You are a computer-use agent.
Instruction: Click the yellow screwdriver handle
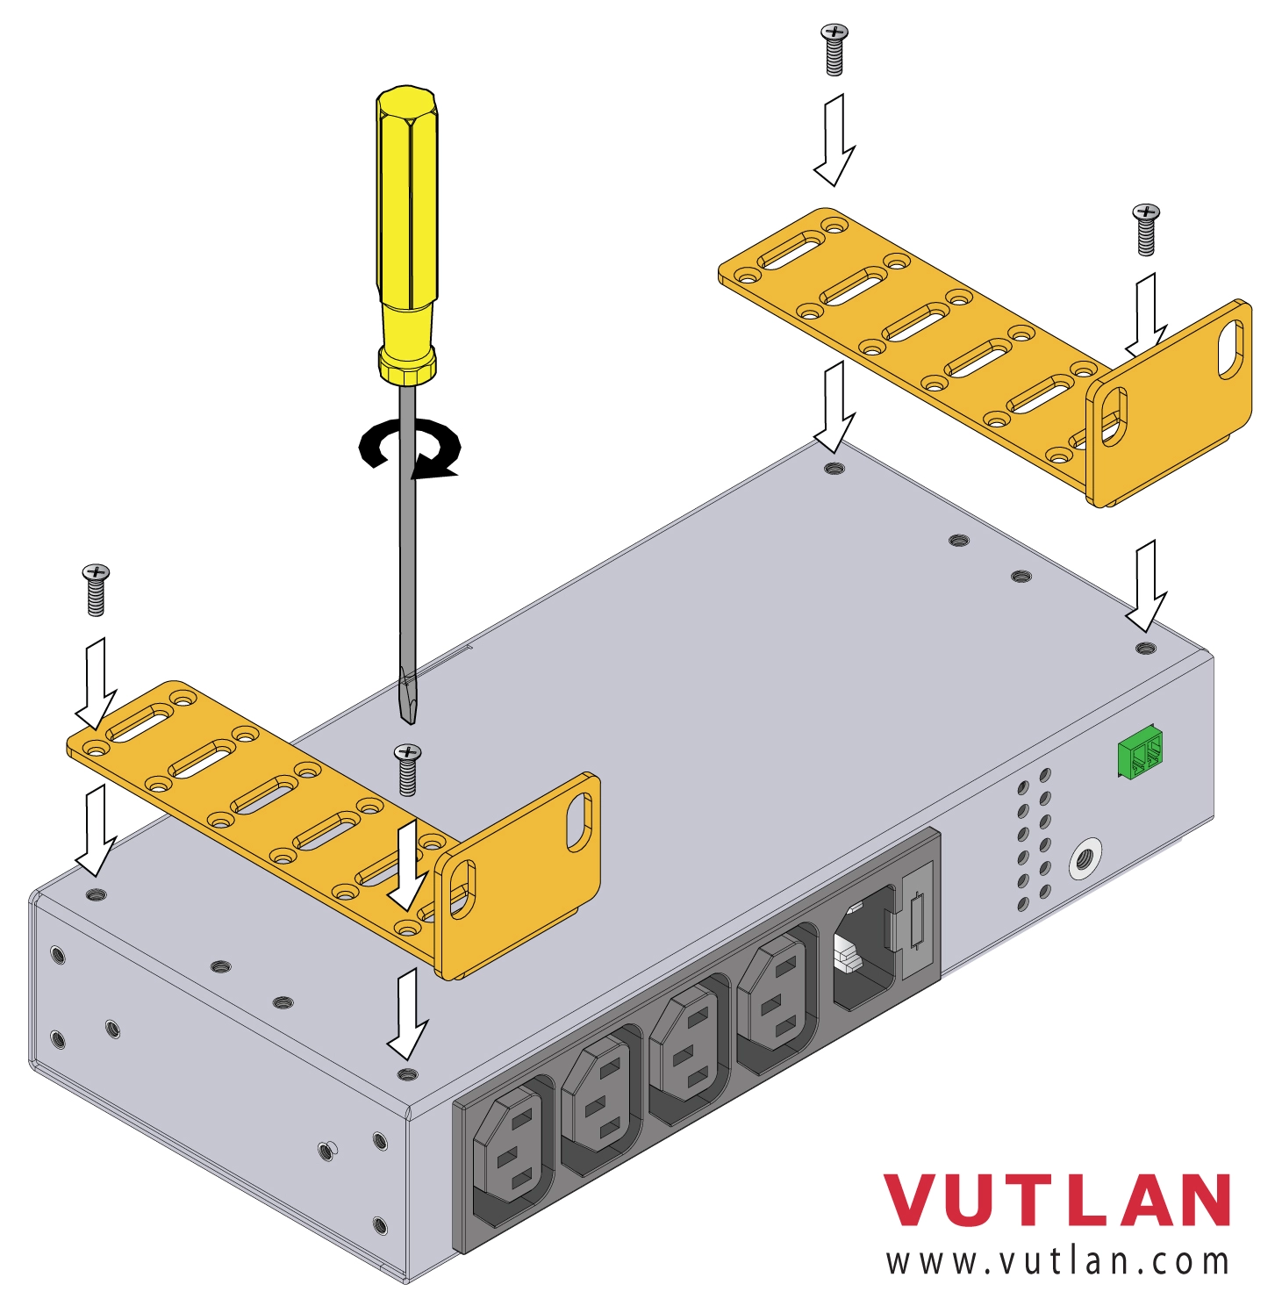(407, 234)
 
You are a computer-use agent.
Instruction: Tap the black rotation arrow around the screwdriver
(410, 448)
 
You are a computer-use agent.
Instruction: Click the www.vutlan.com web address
(1057, 1261)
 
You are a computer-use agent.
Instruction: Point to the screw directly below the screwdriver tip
(407, 770)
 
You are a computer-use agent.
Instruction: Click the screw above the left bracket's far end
(96, 590)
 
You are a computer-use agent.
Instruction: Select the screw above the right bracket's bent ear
(1146, 230)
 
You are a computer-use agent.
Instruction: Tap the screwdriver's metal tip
(407, 698)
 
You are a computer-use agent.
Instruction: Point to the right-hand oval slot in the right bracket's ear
(1230, 349)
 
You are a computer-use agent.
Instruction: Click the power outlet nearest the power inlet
(777, 991)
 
